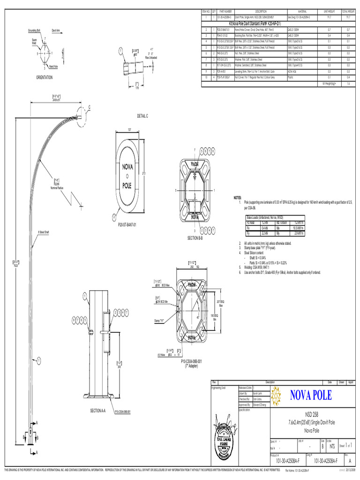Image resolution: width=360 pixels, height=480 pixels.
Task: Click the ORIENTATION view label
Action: (41, 77)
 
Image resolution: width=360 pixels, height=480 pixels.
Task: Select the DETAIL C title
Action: (142, 115)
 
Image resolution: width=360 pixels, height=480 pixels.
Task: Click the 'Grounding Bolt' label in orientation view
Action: (35, 29)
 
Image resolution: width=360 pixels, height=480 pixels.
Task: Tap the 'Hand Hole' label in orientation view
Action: (53, 67)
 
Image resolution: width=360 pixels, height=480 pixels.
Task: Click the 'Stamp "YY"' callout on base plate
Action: (159, 321)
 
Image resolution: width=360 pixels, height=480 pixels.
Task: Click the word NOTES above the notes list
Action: (237, 198)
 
